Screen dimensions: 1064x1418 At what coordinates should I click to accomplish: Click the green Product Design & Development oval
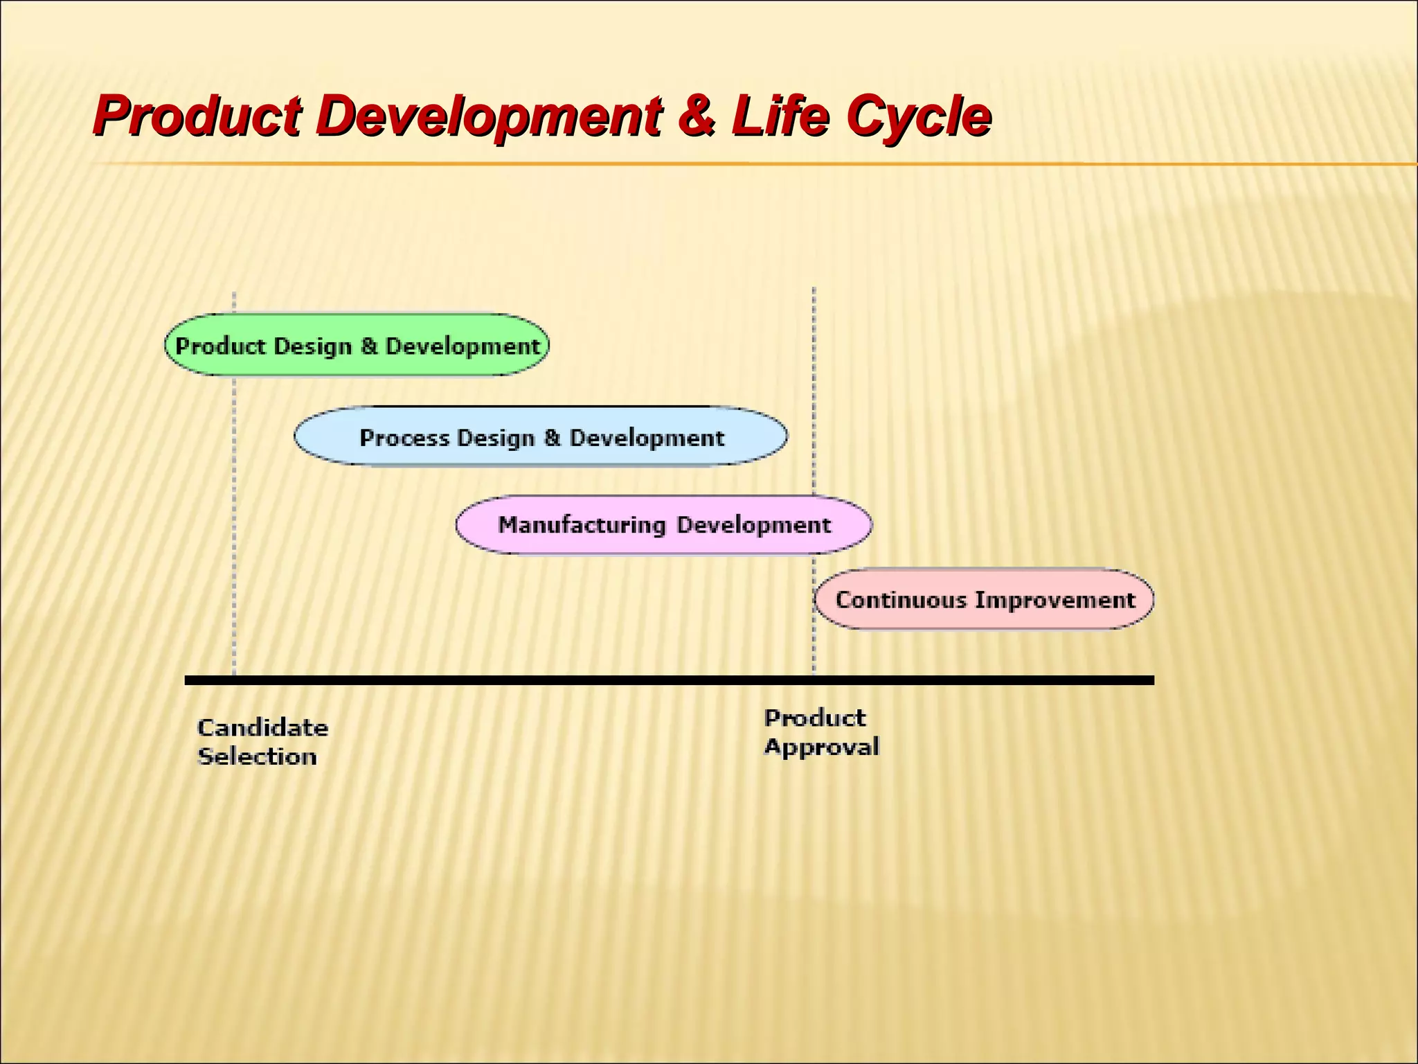click(357, 345)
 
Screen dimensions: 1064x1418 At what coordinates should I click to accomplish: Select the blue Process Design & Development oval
click(541, 436)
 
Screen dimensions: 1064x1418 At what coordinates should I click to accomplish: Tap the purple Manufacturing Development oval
click(663, 524)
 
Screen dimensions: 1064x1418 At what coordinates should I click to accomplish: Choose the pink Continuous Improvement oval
click(984, 599)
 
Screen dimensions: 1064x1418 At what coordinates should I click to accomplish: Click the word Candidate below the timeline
click(262, 728)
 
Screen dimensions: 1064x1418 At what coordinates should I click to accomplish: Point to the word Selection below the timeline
click(257, 756)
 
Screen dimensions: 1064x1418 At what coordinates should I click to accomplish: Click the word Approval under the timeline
click(821, 747)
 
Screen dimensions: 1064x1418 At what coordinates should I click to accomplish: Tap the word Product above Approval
click(814, 718)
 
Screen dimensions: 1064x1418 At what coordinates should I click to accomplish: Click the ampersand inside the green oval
click(369, 346)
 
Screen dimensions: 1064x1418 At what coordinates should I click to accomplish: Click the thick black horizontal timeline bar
click(668, 680)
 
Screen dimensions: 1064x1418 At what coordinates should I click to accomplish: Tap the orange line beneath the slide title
click(692, 164)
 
